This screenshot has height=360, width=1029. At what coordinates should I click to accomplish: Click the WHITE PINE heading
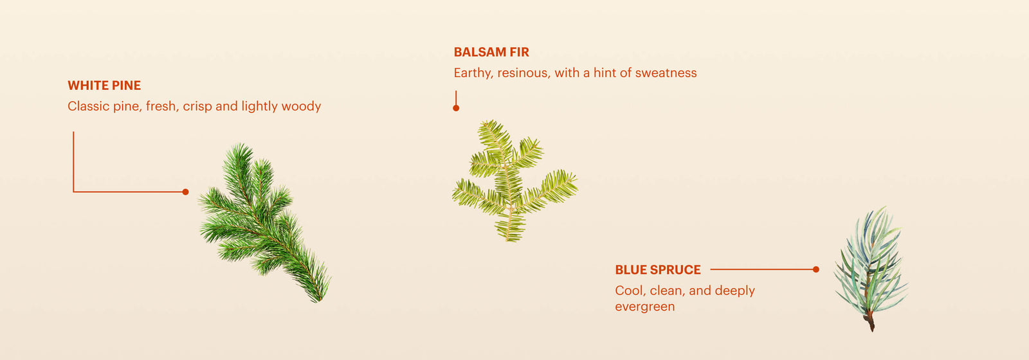click(104, 85)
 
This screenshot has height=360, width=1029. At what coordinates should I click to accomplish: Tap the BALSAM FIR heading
click(491, 52)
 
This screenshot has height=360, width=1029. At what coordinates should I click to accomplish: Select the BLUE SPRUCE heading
click(658, 270)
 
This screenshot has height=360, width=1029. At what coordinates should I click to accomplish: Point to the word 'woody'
click(301, 107)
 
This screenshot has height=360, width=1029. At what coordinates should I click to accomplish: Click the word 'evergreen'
click(645, 307)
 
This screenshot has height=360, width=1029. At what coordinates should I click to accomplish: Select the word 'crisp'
click(197, 107)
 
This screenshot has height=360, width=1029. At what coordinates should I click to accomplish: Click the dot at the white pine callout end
click(186, 192)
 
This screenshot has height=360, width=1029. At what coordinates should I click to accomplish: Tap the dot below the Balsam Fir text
click(456, 109)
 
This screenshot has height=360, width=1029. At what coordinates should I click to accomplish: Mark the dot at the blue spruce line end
click(816, 269)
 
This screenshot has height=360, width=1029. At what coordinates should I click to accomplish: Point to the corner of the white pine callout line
click(73, 192)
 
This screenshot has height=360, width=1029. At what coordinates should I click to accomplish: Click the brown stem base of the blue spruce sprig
click(870, 321)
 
